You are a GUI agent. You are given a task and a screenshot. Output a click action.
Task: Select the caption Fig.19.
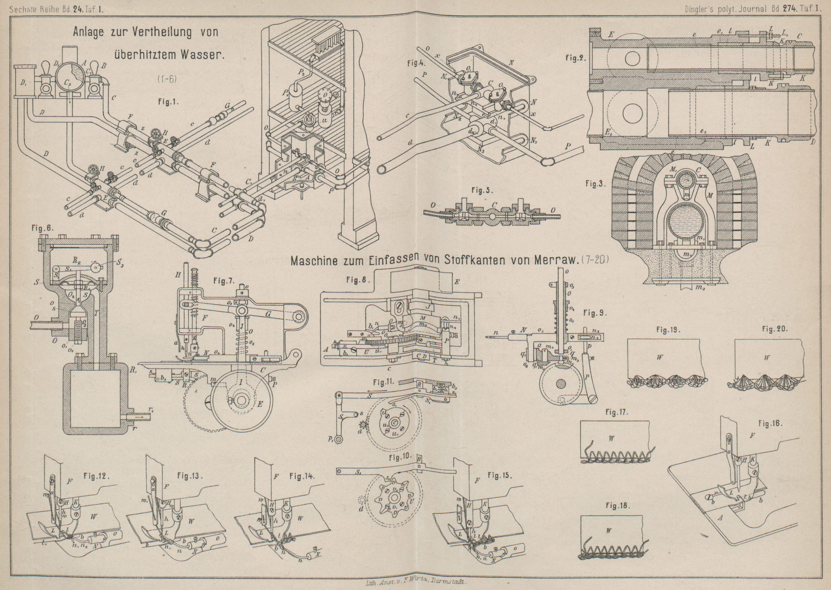click(668, 330)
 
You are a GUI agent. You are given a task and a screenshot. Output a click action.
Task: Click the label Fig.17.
click(617, 412)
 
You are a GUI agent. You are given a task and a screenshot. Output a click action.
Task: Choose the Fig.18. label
click(617, 506)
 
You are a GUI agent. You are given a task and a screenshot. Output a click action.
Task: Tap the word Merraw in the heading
click(554, 261)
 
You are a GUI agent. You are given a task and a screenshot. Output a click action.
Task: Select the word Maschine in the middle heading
click(314, 261)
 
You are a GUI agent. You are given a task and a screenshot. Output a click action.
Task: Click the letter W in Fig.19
click(660, 357)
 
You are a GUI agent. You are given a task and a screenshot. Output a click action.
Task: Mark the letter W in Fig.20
click(766, 358)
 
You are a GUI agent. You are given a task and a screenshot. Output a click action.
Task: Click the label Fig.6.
click(42, 229)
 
